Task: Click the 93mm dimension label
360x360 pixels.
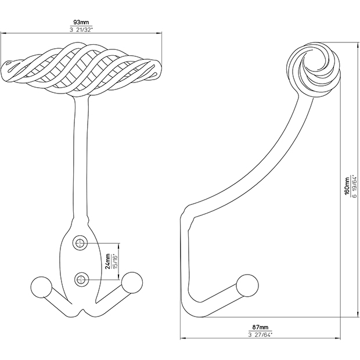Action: [81, 22]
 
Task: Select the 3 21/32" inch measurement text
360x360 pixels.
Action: [81, 30]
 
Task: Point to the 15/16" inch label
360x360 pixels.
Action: [115, 261]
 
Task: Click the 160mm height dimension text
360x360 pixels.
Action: [347, 185]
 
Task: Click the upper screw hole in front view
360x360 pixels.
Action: [80, 243]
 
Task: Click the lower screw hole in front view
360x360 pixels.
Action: [81, 279]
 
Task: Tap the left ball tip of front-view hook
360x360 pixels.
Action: [41, 287]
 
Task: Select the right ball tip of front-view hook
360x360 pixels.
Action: [132, 283]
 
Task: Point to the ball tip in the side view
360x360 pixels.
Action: [247, 286]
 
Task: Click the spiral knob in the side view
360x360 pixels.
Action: [314, 70]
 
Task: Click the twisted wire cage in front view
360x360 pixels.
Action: [81, 69]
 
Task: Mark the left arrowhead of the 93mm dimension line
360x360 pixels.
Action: [3, 33]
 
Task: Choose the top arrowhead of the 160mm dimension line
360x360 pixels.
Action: [358, 45]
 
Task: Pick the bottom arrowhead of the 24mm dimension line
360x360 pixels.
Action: [118, 277]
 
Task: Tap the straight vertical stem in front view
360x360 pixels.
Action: [81, 156]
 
